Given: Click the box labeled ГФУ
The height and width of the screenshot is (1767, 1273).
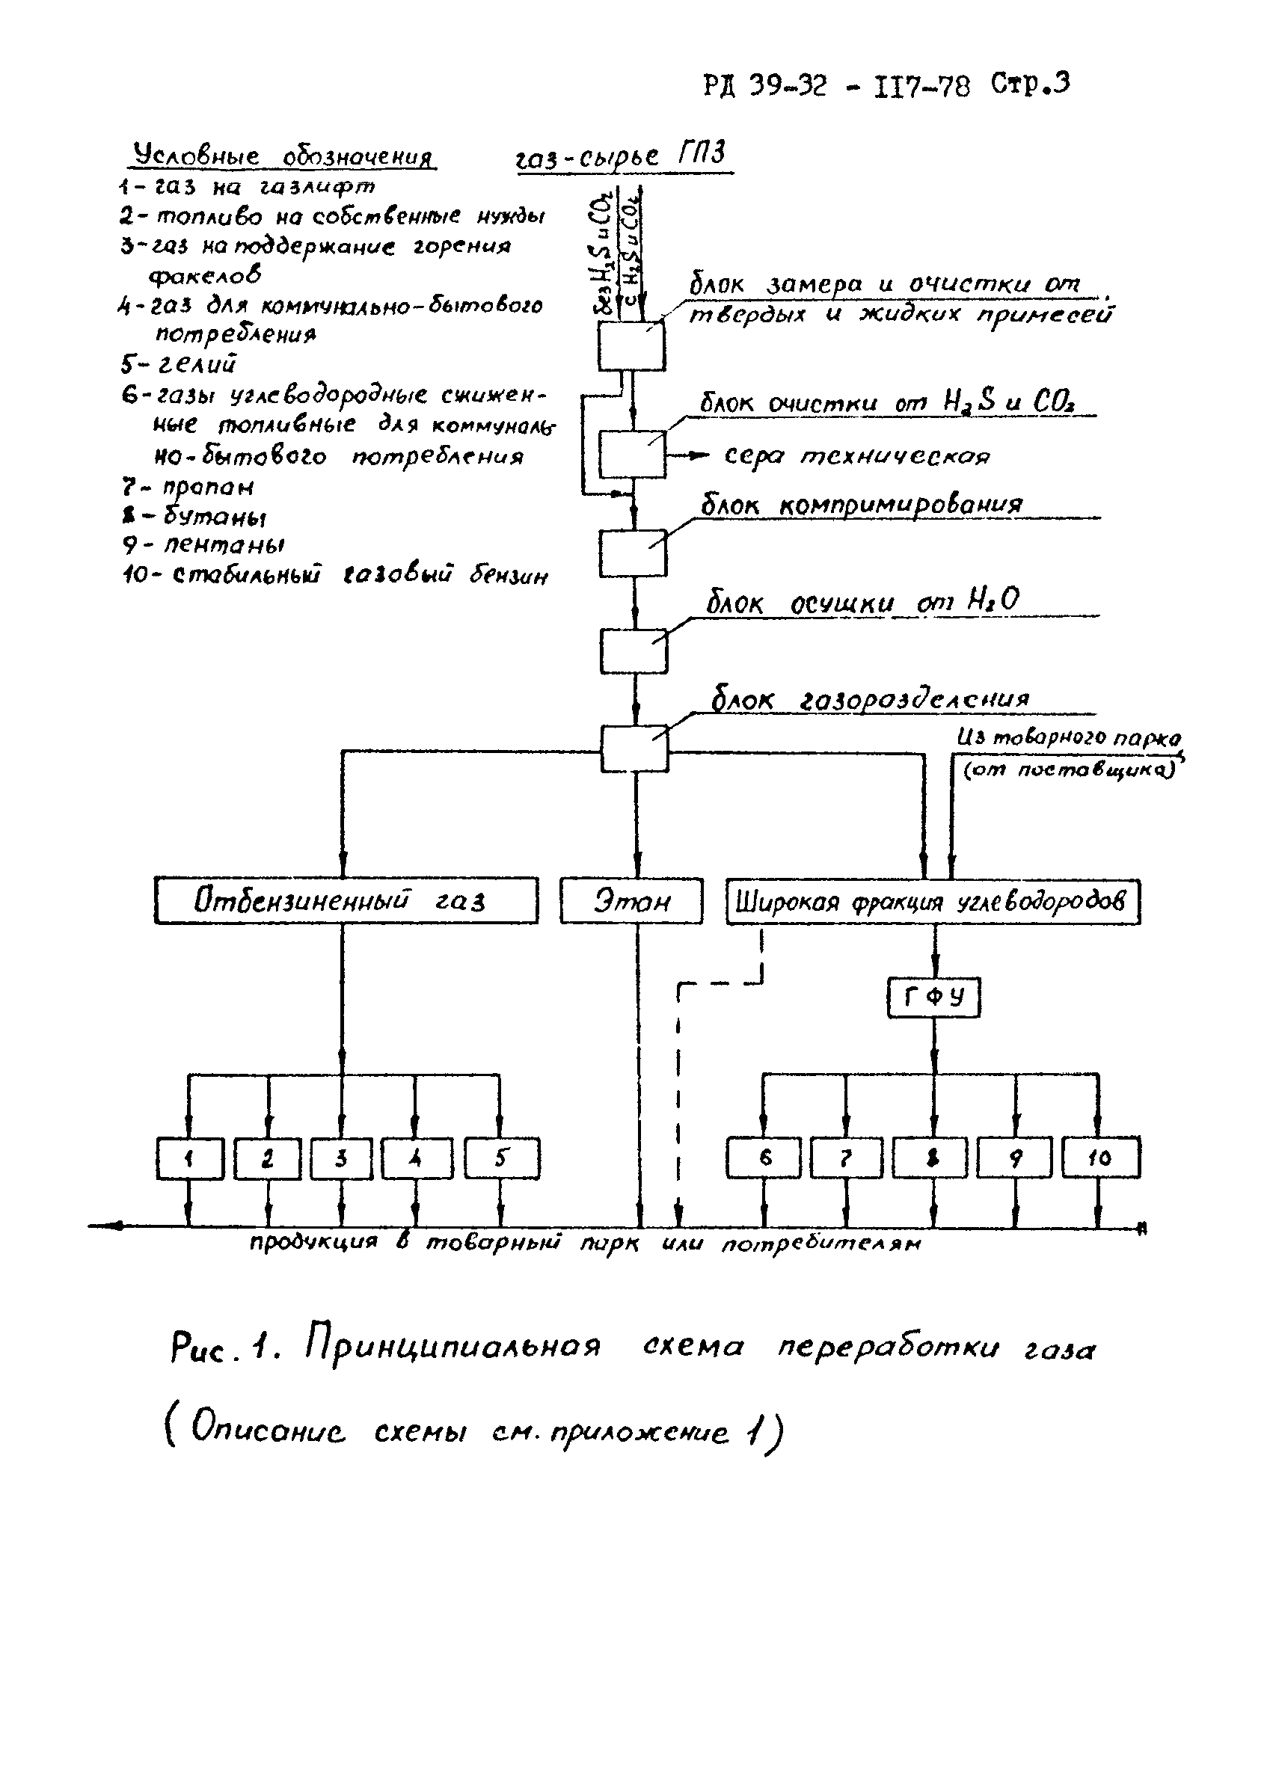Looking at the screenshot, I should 933,998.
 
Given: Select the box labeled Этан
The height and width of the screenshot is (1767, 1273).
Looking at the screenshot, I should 631,900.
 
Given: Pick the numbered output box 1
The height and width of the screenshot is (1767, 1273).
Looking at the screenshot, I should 189,1158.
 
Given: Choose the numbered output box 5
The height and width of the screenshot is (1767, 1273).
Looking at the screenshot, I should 501,1158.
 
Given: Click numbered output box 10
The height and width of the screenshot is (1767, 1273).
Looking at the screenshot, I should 1100,1158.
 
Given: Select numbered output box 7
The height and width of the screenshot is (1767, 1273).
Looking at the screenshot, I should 846,1158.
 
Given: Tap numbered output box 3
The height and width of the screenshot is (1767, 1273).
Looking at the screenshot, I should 341,1158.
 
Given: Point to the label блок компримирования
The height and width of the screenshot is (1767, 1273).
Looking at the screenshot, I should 861,505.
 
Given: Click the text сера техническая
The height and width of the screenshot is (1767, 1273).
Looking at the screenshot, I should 857,456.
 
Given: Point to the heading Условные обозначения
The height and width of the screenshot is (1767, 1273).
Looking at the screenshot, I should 282,156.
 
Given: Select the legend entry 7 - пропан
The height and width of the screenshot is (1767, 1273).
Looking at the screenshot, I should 188,488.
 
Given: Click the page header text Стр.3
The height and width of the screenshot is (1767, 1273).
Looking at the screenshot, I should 1030,83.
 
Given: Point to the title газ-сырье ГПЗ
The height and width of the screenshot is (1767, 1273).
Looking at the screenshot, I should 621,156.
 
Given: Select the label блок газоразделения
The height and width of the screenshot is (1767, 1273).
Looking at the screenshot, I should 869,700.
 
